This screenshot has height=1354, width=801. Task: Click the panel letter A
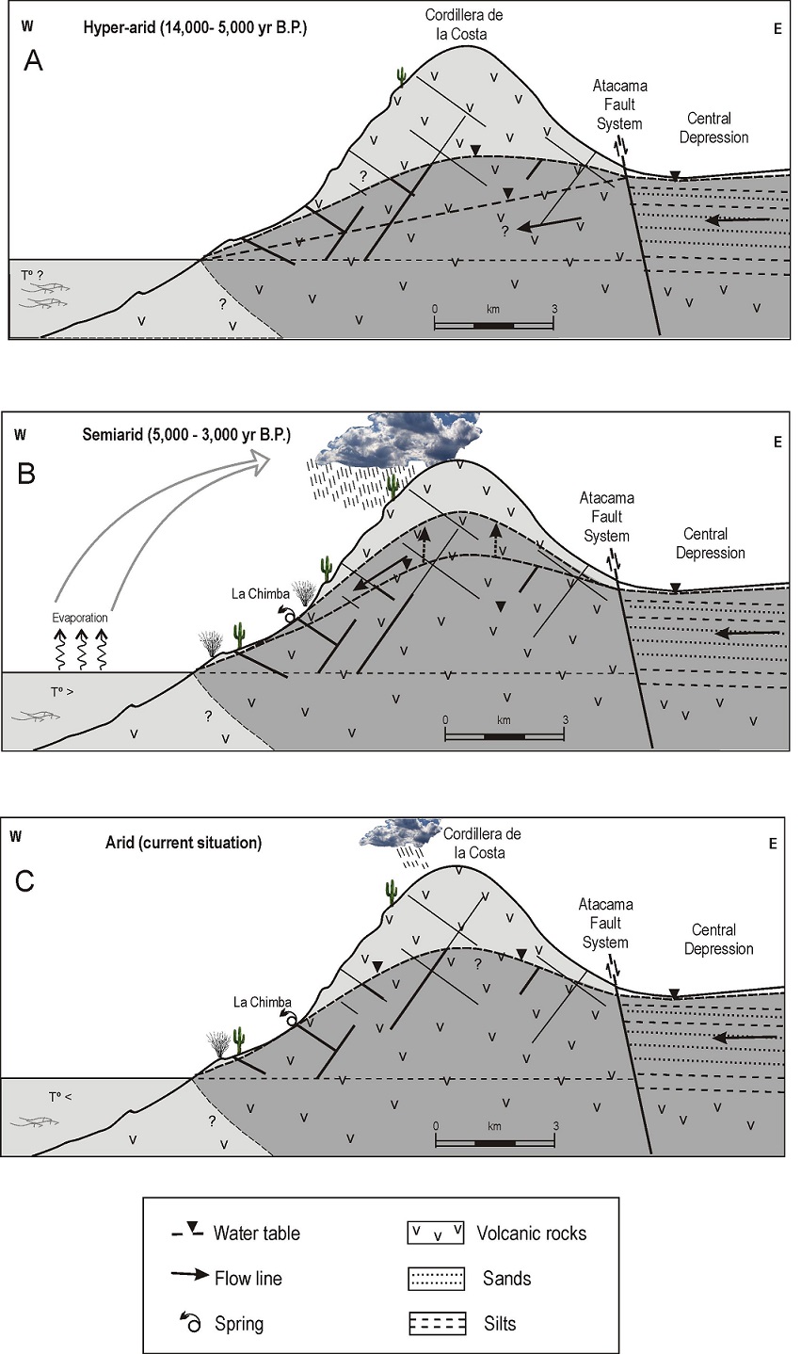pyautogui.click(x=34, y=60)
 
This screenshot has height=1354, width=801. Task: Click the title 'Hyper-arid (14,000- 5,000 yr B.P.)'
pyautogui.click(x=195, y=28)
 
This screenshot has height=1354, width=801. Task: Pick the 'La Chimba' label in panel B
pyautogui.click(x=258, y=594)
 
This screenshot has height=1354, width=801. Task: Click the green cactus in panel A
pyautogui.click(x=402, y=77)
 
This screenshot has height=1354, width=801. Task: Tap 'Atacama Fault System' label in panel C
pyautogui.click(x=606, y=923)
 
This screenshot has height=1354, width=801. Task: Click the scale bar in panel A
pyautogui.click(x=493, y=325)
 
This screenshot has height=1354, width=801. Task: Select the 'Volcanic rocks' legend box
pyautogui.click(x=435, y=1233)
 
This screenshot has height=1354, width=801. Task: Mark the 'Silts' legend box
pyautogui.click(x=435, y=1323)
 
